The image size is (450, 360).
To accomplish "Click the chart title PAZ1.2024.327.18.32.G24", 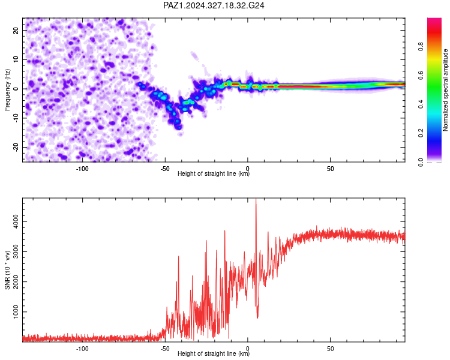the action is (x=214, y=5).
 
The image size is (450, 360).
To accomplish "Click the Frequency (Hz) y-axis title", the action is (x=7, y=90).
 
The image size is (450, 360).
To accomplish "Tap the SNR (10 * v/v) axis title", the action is (x=7, y=270).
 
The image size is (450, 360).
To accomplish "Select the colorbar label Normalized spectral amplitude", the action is (x=445, y=90).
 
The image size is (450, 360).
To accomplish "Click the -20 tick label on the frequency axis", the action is (x=16, y=147).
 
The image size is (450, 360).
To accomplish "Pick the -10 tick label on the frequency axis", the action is (x=16, y=118).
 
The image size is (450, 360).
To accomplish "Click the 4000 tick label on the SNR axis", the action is (x=16, y=221).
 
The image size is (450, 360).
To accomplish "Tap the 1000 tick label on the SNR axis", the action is (x=16, y=312).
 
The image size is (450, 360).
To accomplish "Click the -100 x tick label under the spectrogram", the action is (x=82, y=169).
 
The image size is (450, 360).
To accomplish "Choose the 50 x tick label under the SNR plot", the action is (x=331, y=349).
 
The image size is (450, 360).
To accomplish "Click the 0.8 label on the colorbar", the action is (x=421, y=46).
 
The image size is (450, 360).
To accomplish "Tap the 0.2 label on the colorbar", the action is (x=421, y=133).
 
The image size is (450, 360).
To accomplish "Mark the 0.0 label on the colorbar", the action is (x=421, y=162).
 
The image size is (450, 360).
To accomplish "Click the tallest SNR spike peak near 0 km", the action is (x=256, y=199).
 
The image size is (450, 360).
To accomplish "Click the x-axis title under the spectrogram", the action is (x=214, y=173).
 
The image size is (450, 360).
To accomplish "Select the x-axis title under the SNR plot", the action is (x=214, y=353).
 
